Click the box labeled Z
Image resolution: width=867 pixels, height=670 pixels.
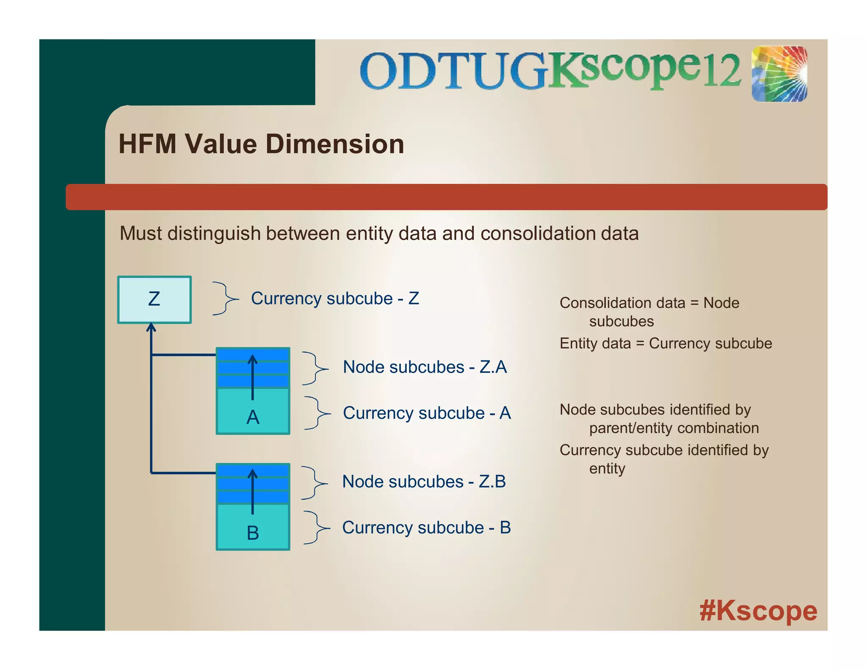(x=154, y=299)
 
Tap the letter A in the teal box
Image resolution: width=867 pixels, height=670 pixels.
(x=253, y=418)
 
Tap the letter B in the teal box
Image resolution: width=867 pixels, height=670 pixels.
(x=253, y=533)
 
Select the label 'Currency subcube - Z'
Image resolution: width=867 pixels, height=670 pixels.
(x=335, y=299)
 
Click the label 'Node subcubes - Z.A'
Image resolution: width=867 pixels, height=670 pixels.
(x=425, y=367)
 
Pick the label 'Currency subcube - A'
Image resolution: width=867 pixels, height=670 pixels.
(x=427, y=413)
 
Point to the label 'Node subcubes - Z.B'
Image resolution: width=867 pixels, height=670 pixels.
(x=424, y=482)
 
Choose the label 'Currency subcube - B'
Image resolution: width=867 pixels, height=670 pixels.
(x=426, y=528)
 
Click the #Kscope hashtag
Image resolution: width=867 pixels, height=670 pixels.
(x=758, y=611)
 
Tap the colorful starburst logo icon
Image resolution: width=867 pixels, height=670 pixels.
(x=779, y=74)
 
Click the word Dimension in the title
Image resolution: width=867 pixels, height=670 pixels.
(x=334, y=144)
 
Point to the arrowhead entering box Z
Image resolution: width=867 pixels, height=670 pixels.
(x=151, y=327)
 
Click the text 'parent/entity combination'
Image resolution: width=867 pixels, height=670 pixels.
(x=674, y=428)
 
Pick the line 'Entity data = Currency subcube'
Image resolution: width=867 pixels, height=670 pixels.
(x=665, y=343)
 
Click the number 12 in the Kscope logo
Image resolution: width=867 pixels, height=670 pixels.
(x=721, y=71)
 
